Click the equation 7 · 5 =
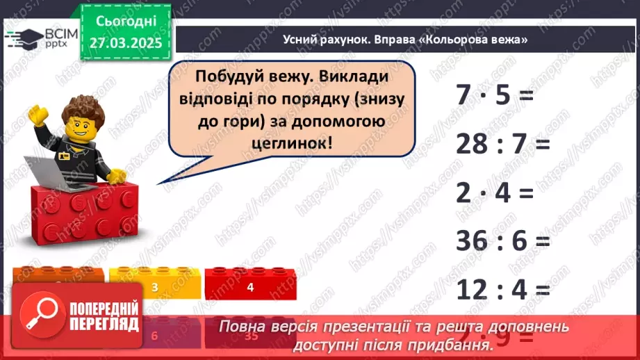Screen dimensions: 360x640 [493, 95]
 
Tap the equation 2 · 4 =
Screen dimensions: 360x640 [493, 193]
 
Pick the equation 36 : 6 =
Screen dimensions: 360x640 [502, 241]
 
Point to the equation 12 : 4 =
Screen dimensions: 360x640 [502, 289]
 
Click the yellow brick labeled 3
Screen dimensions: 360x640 [154, 286]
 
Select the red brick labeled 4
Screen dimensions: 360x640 [249, 286]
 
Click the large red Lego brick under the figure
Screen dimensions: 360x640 [83, 215]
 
